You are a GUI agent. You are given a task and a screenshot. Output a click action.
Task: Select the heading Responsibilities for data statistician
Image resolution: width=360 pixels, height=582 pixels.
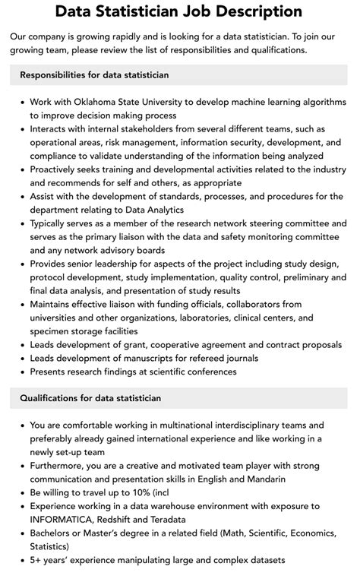tap(94, 75)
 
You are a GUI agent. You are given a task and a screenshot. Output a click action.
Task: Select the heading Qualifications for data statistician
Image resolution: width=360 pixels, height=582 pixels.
tap(90, 398)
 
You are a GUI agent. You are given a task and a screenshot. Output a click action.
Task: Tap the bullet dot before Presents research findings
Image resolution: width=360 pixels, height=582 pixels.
tap(21, 372)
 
